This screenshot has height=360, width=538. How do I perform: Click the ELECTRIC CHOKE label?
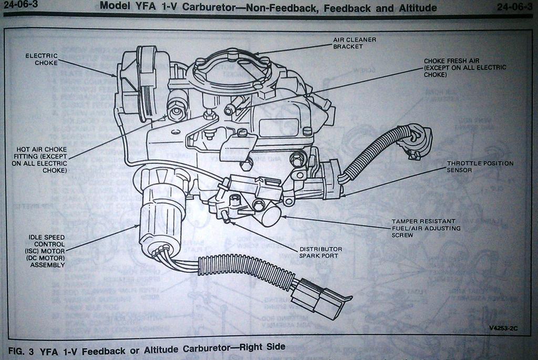pos(42,59)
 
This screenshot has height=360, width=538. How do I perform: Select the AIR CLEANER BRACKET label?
pos(355,43)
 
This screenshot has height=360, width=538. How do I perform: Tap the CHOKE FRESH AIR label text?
pos(465,68)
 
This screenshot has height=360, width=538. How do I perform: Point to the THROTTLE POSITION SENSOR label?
pos(480,167)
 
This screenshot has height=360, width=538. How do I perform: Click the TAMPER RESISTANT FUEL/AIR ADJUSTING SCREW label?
pos(426,228)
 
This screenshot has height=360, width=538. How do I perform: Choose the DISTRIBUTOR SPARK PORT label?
pos(320,252)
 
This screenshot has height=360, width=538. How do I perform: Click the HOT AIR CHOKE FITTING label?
pos(39,160)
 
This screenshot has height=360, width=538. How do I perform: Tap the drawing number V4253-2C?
pos(503,328)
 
